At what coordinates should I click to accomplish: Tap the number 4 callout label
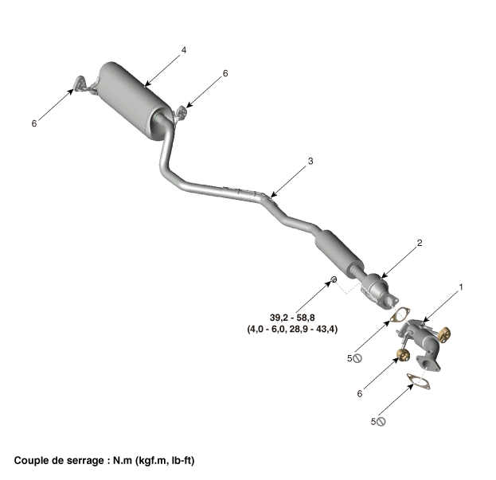(184, 50)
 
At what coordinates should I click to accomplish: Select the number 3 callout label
(310, 162)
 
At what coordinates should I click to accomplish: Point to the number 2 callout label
(420, 243)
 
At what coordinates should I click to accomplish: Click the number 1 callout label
(460, 287)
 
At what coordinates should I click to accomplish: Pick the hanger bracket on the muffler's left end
(83, 85)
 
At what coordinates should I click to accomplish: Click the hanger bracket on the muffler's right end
(181, 114)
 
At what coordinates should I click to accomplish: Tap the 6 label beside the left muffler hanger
(33, 123)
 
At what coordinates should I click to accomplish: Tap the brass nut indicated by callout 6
(402, 353)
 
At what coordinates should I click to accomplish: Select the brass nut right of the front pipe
(443, 332)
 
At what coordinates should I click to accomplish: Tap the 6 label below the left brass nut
(360, 393)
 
